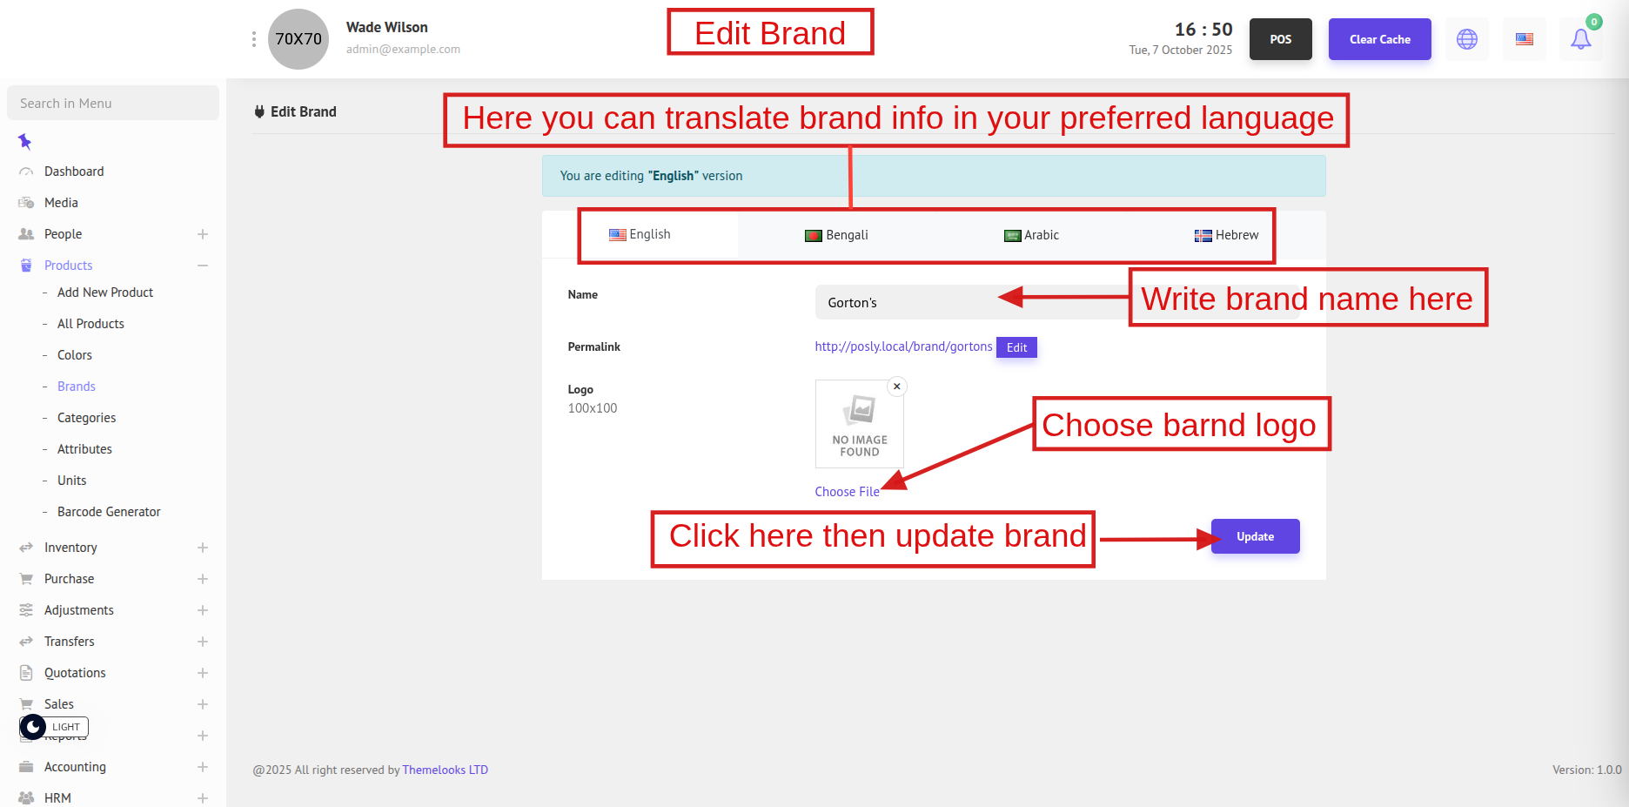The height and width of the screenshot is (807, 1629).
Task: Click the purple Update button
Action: coord(1255,536)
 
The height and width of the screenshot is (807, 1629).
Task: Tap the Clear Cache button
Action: coord(1379,39)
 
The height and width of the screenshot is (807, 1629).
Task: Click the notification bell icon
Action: coord(1581,39)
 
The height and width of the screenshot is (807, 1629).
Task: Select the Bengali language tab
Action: coord(836,235)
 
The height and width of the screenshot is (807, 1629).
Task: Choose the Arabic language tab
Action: coord(1031,235)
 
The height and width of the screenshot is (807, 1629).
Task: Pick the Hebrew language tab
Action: coord(1226,235)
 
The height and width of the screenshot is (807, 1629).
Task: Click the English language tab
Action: coord(640,235)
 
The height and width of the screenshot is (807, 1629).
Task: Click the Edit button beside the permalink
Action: coord(1016,347)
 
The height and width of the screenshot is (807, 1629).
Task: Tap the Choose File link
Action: coord(847,492)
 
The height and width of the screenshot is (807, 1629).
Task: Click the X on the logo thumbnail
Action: coord(896,387)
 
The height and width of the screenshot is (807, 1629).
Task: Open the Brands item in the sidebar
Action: coord(77,387)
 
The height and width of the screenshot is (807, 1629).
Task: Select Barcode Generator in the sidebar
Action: coord(109,512)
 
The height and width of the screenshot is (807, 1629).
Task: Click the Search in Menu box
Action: coord(113,103)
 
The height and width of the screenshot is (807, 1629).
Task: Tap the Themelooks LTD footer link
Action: coord(445,770)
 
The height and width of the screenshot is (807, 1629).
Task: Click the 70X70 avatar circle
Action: coord(298,39)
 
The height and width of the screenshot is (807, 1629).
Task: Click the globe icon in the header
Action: coord(1467,39)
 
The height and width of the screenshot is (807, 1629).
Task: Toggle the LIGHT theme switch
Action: coord(54,727)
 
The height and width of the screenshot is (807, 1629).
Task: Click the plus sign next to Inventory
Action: coord(203,548)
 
